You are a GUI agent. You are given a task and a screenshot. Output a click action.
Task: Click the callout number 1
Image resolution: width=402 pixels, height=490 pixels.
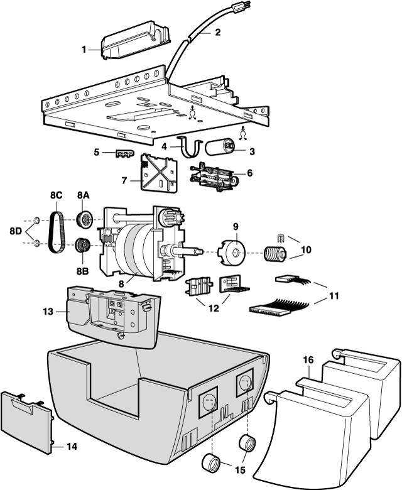click(x=84, y=50)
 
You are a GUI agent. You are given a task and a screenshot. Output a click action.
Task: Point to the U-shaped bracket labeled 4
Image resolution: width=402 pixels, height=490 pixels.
click(x=190, y=148)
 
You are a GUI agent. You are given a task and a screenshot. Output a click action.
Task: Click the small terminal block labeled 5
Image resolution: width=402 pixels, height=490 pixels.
click(x=124, y=153)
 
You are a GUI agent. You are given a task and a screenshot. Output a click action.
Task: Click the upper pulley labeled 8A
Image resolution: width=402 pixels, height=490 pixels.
click(x=85, y=220)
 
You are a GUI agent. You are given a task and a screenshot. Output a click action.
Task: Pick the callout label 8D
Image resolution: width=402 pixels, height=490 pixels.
click(x=16, y=231)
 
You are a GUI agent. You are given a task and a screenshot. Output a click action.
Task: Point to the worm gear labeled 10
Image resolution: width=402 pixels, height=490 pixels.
click(x=276, y=253)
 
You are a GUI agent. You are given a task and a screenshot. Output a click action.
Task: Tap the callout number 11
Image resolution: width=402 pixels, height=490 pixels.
click(x=334, y=296)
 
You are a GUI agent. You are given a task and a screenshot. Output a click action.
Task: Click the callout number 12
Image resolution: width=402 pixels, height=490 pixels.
click(x=214, y=308)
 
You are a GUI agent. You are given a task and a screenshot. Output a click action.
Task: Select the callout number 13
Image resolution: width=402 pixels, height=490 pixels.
click(x=48, y=312)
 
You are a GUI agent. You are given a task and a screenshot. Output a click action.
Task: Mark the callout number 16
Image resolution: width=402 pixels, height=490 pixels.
click(x=308, y=360)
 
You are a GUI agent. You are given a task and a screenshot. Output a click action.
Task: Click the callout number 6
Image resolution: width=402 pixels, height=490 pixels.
click(x=249, y=173)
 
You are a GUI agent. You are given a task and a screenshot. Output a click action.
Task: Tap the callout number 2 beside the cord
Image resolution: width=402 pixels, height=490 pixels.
click(x=218, y=32)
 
